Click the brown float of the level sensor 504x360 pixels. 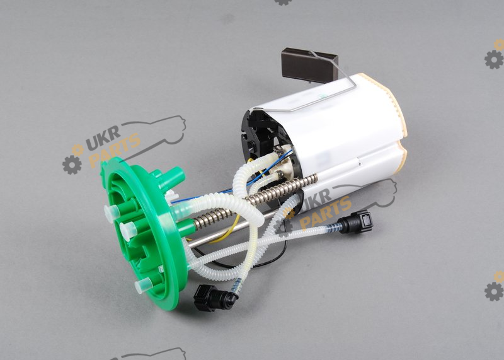[309, 66]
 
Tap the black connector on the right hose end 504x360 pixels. [356, 222]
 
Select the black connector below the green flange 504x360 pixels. [214, 298]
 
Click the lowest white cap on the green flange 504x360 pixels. [144, 286]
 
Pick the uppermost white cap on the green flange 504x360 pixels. [112, 213]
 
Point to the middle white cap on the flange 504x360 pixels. [129, 231]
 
